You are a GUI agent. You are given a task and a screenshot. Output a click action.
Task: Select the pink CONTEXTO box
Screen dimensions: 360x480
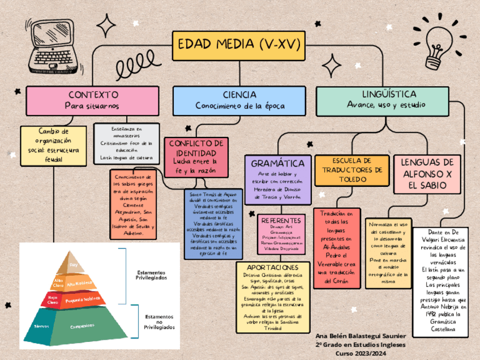(93, 100)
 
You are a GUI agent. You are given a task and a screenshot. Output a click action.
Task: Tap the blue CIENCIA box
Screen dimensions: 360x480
(239, 100)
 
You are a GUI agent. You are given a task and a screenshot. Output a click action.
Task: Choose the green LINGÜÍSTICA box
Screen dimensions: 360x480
(389, 100)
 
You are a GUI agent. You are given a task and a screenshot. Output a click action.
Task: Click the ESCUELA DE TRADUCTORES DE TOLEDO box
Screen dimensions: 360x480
(352, 170)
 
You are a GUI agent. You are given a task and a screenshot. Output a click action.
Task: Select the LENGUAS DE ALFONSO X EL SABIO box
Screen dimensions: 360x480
(427, 174)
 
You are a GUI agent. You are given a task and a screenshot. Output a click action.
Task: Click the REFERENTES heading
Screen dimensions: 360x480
(281, 220)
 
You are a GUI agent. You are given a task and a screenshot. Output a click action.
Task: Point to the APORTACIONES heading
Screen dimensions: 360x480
(273, 267)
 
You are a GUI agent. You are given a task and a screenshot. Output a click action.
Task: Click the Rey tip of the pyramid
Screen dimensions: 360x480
(73, 264)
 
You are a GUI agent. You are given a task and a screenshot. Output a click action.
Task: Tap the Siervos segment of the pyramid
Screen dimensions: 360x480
(41, 327)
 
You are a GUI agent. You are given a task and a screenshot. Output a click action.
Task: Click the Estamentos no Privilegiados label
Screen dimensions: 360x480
(159, 322)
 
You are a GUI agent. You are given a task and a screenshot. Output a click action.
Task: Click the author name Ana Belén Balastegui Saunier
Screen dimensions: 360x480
(359, 336)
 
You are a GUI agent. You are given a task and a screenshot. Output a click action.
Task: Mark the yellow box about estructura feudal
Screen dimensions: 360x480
(54, 145)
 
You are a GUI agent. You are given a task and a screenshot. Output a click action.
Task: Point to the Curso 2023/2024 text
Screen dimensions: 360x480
(359, 353)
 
